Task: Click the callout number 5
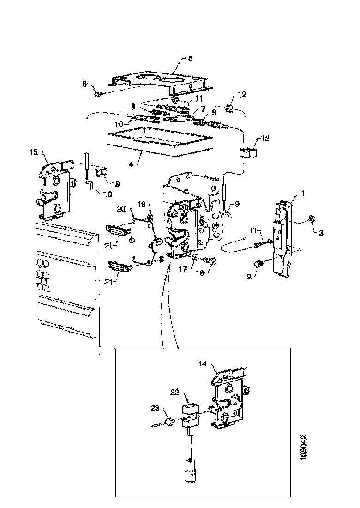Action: tap(177, 59)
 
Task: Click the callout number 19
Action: tap(115, 184)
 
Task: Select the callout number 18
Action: tap(142, 204)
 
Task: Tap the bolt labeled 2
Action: tap(258, 264)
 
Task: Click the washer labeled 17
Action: tap(196, 256)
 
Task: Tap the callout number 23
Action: tap(154, 408)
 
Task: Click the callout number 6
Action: tap(84, 84)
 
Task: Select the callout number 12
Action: tap(242, 94)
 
